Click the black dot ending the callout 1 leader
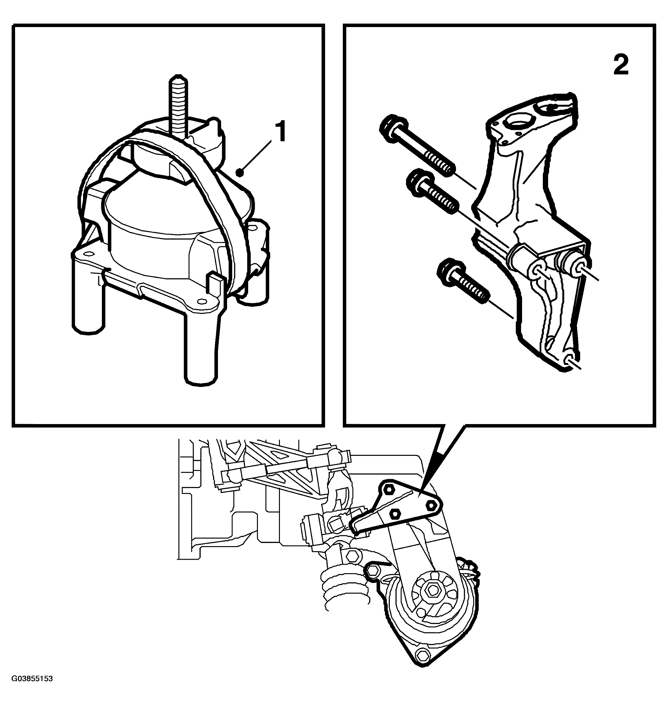tap(240, 173)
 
